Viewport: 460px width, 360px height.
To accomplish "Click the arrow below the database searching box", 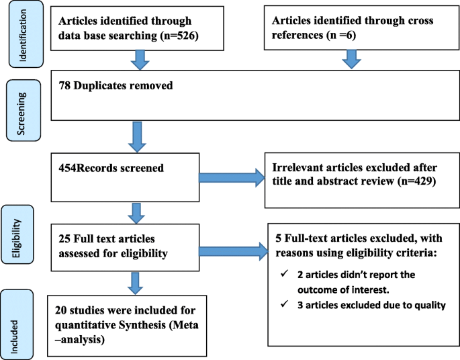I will (x=138, y=60).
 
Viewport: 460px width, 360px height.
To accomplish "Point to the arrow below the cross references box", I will (x=351, y=60).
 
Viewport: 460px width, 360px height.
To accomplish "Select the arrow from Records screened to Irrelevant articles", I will (x=232, y=177).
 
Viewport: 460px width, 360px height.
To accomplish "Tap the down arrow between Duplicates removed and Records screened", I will (x=138, y=136).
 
